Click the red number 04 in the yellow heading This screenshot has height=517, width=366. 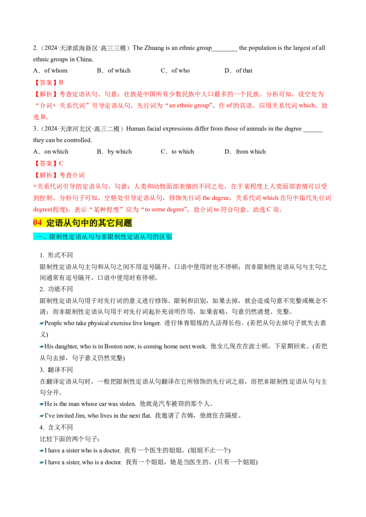click(38, 223)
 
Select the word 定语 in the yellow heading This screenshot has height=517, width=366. click(54, 223)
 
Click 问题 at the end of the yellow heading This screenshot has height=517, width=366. click(124, 223)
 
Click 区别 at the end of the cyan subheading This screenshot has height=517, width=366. click(166, 237)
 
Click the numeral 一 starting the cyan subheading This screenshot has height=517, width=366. click(38, 237)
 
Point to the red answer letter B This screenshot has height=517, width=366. click(61, 82)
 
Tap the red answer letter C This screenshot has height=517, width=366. click(62, 163)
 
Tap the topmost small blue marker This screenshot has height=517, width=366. click(40, 323)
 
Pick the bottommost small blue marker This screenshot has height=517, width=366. click(40, 462)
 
